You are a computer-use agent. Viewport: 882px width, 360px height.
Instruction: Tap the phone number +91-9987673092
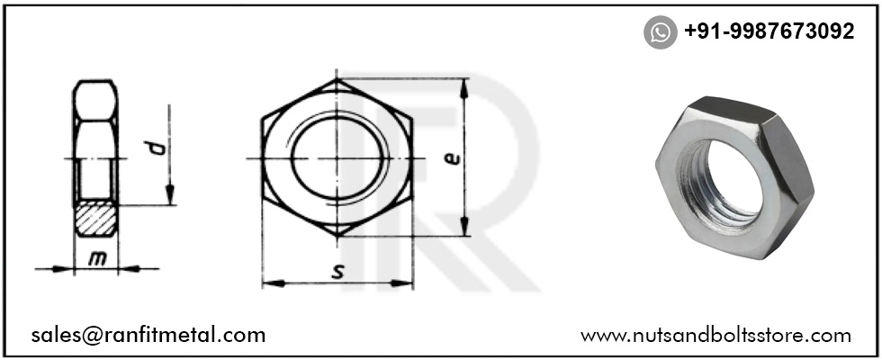click(x=769, y=32)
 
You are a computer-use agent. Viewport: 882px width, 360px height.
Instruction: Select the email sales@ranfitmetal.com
click(x=148, y=335)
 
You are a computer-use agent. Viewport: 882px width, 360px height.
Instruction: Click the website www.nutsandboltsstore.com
click(x=715, y=336)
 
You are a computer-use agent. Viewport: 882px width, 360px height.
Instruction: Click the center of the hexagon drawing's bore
click(x=337, y=158)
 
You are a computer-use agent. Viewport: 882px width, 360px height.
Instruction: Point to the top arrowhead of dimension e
click(x=464, y=86)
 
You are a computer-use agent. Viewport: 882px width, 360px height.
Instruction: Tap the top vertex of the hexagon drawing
click(x=338, y=80)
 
